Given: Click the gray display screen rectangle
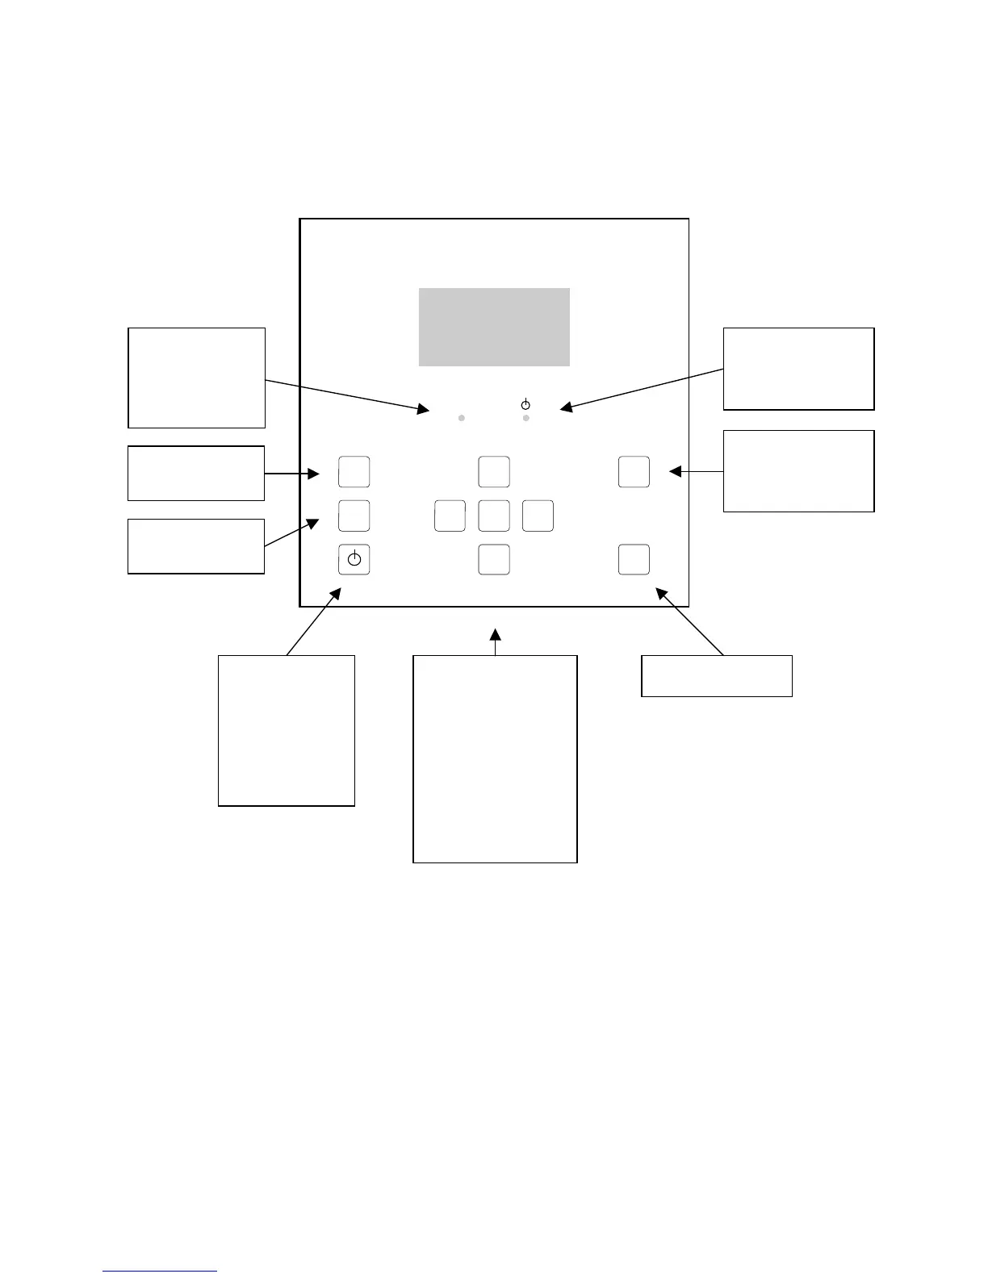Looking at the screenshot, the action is click(494, 327).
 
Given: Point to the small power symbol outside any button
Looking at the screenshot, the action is click(525, 403).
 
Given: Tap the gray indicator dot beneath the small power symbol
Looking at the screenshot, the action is click(526, 418).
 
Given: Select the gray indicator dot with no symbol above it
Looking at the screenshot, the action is click(462, 418).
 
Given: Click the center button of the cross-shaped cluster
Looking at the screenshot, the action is click(494, 516).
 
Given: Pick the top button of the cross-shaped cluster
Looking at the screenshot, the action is click(494, 472).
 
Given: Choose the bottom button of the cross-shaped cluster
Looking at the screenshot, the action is click(494, 559).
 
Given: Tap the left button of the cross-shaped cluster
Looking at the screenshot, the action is click(450, 516).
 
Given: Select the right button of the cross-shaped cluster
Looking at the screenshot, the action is click(538, 516).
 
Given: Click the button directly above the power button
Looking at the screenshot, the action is click(354, 516).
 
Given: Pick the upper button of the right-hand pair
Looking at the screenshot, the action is click(634, 472).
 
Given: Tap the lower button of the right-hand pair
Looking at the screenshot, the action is click(634, 559).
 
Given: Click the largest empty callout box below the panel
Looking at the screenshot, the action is click(495, 758).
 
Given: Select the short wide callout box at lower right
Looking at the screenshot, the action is click(716, 676).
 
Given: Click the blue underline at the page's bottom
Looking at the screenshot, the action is click(160, 1271).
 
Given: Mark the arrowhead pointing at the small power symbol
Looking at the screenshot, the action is click(567, 407).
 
